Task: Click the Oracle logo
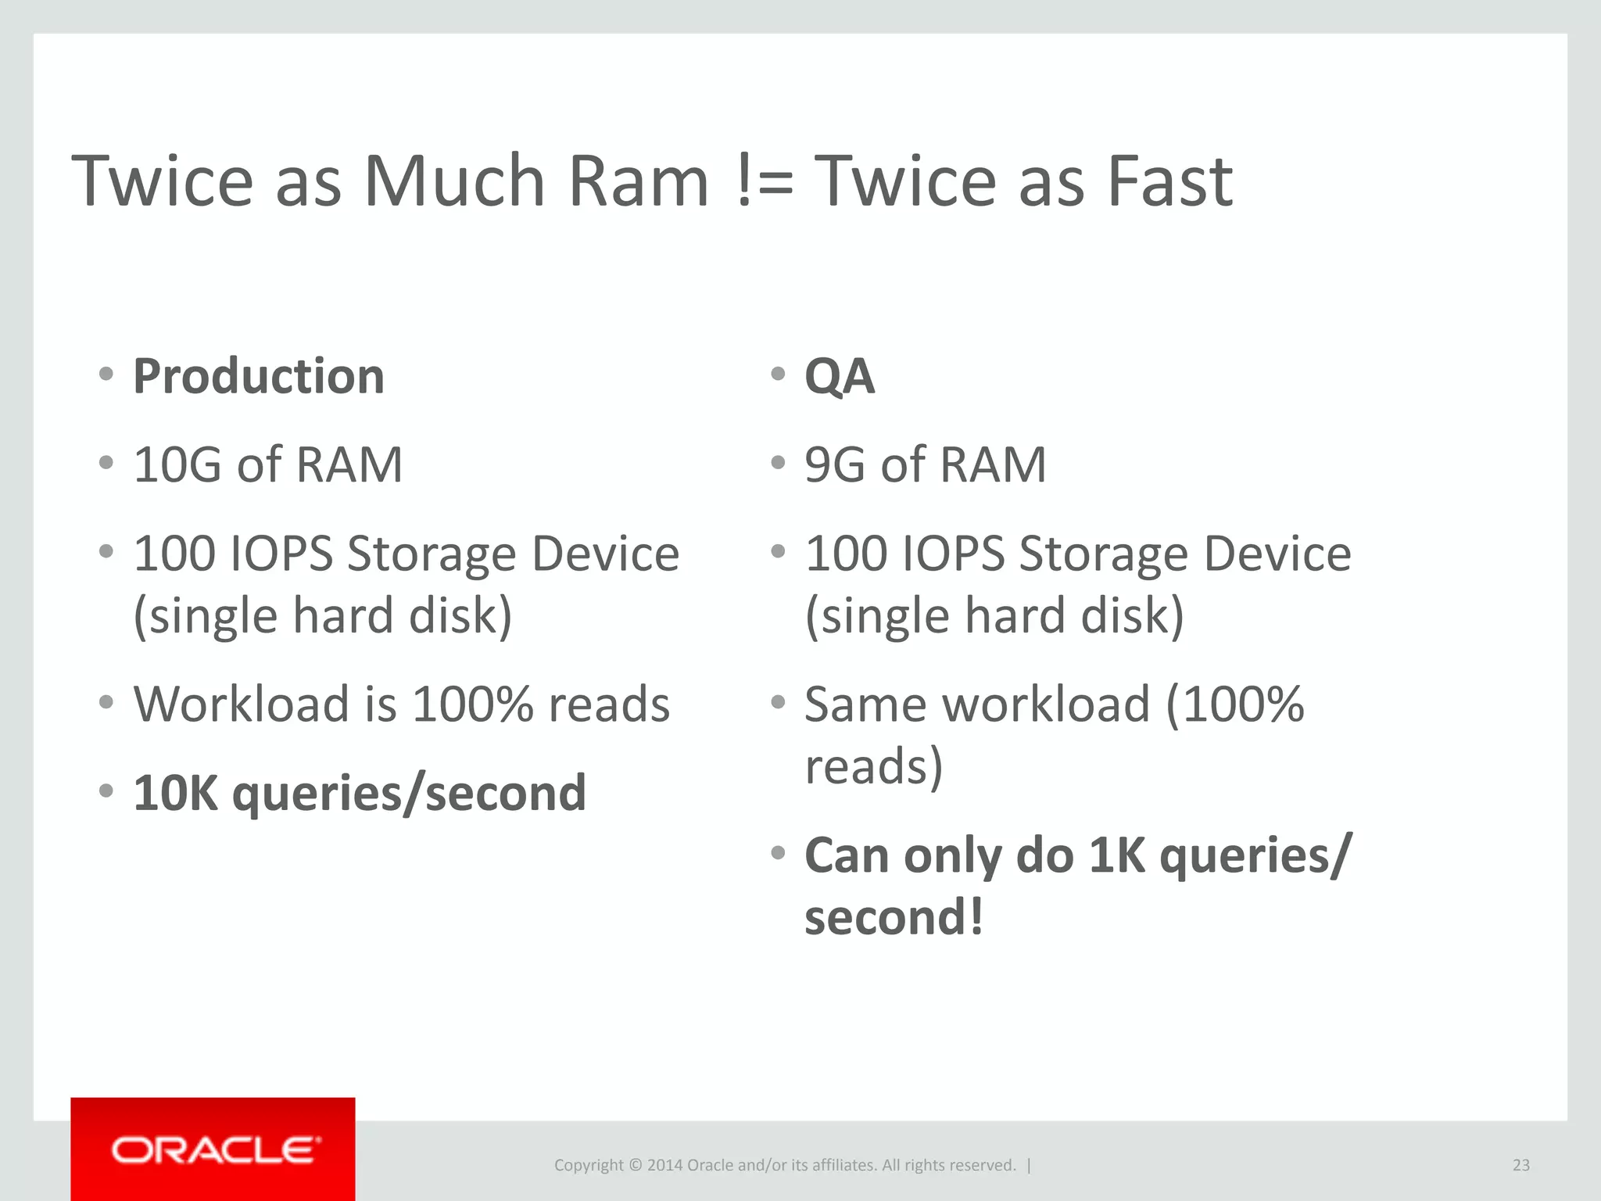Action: click(x=215, y=1150)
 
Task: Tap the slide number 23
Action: click(x=1520, y=1165)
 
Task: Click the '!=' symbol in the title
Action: click(x=765, y=182)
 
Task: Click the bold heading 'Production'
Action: click(x=259, y=376)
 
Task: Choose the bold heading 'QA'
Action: click(x=840, y=377)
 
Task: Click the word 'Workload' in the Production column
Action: click(x=241, y=704)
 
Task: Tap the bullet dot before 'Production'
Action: click(x=107, y=374)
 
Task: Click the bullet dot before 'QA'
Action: click(x=778, y=374)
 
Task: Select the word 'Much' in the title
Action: click(x=454, y=182)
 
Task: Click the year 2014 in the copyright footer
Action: click(x=664, y=1165)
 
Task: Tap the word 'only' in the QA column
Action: click(x=952, y=855)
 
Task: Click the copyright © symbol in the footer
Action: click(x=635, y=1165)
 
